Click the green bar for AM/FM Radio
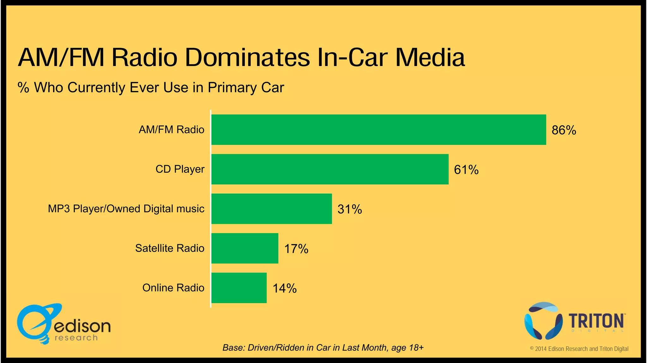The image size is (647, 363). (x=378, y=130)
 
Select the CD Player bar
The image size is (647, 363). (x=330, y=169)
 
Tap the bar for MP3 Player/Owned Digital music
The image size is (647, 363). (x=271, y=209)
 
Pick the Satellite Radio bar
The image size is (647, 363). (x=245, y=248)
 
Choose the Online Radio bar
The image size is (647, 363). (x=239, y=288)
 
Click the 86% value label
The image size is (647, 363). (x=564, y=130)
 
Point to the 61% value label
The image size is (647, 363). (x=466, y=170)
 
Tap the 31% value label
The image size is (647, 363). (x=350, y=209)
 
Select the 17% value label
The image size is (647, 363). (x=296, y=249)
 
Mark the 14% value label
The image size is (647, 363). (x=285, y=288)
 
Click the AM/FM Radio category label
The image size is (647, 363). (x=172, y=130)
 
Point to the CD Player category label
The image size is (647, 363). (x=180, y=169)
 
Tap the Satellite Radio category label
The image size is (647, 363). (x=170, y=248)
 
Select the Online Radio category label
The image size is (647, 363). (x=173, y=288)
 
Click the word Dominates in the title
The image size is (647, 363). (x=247, y=57)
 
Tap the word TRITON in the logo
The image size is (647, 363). (x=596, y=321)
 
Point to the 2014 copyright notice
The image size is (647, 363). (x=579, y=349)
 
